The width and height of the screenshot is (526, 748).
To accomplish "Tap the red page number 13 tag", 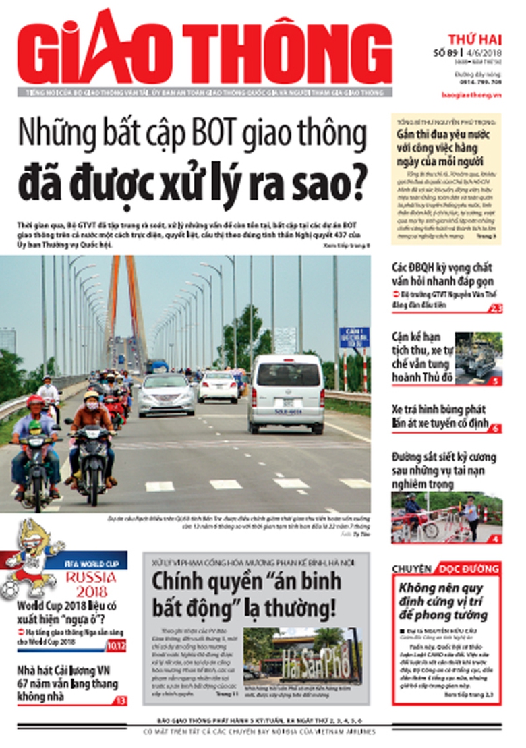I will (x=120, y=701).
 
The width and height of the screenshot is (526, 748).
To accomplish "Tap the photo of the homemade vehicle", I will (x=478, y=358).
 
